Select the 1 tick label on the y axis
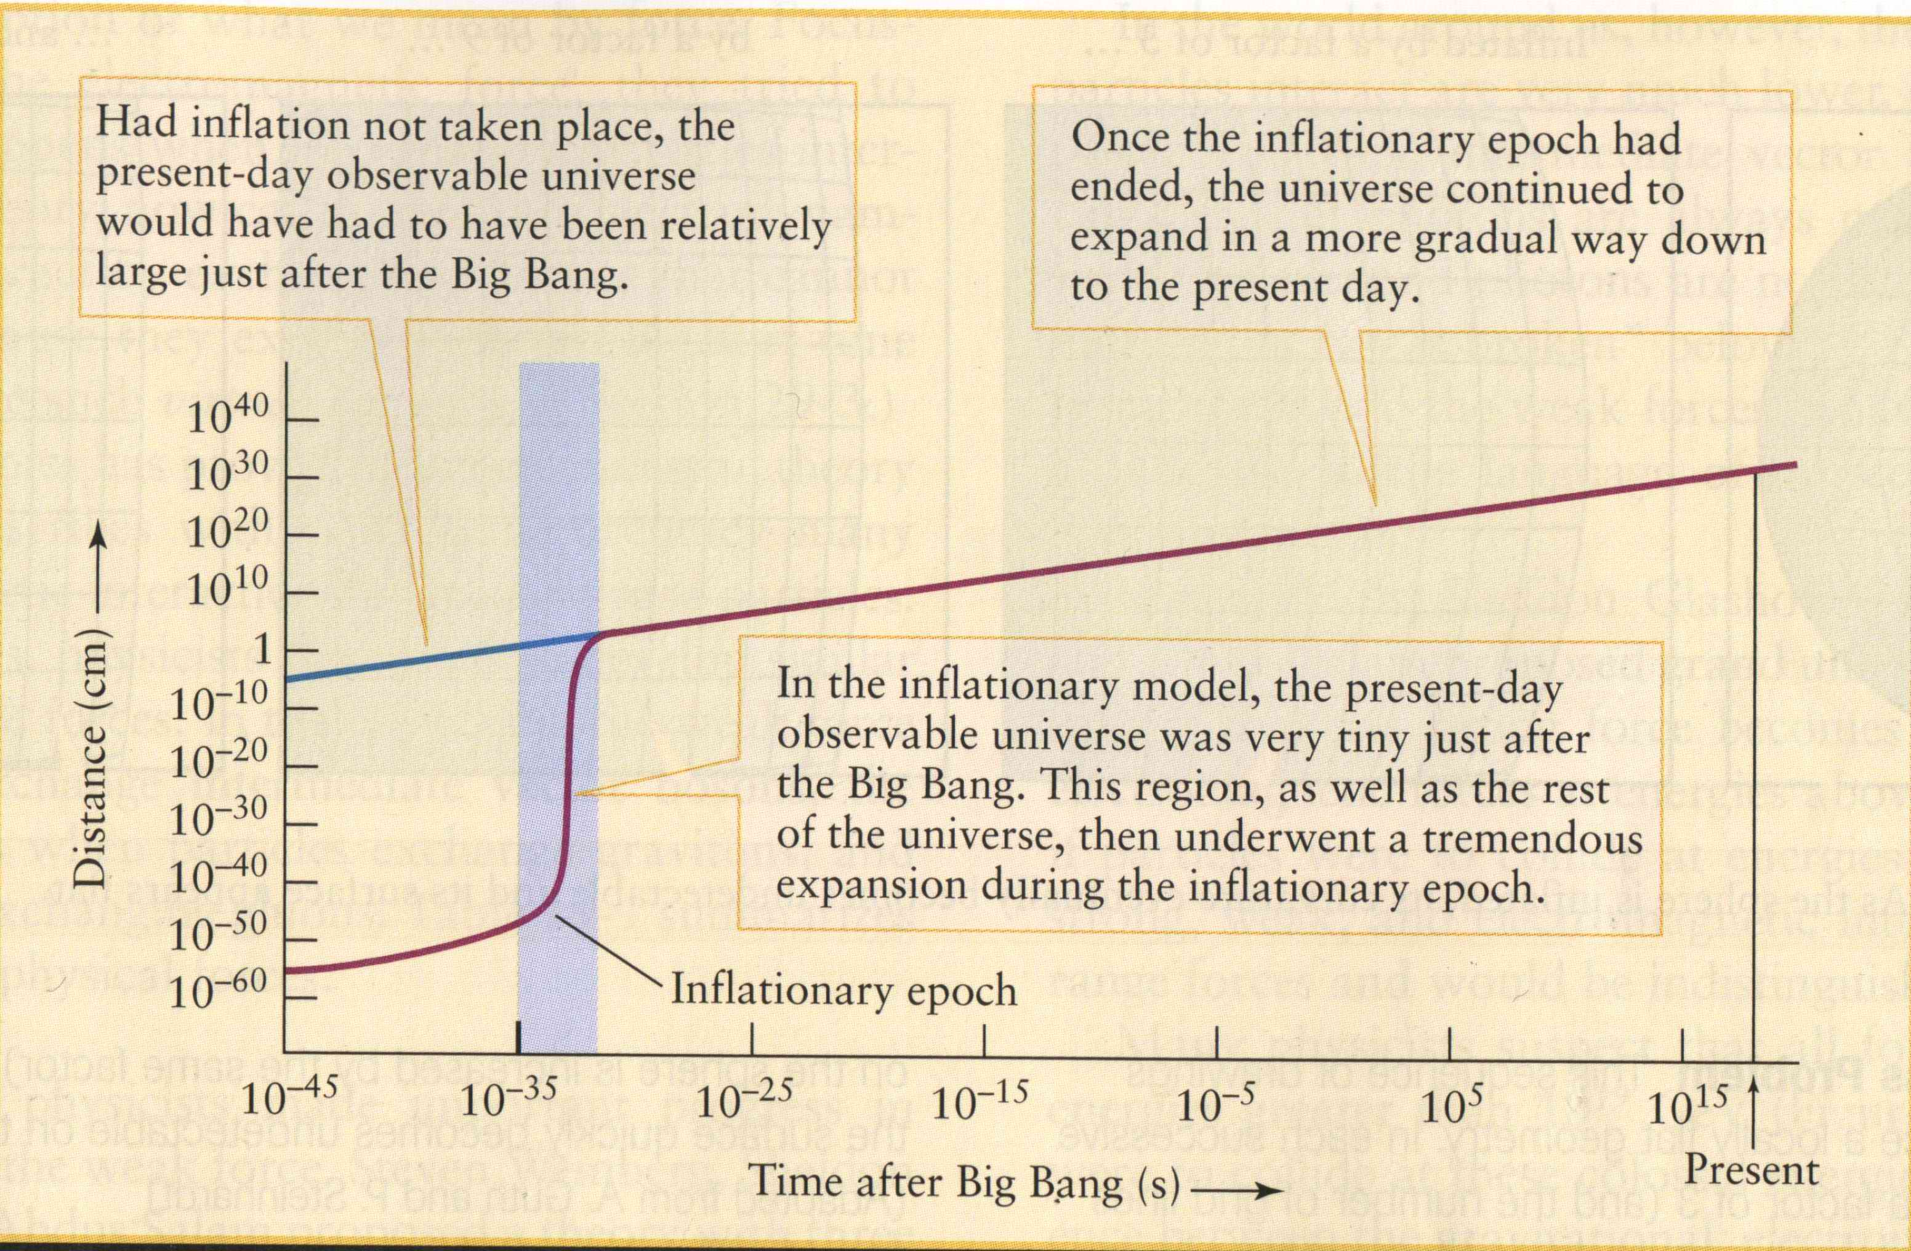[264, 650]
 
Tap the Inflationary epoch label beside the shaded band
[843, 989]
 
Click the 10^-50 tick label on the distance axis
[217, 933]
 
